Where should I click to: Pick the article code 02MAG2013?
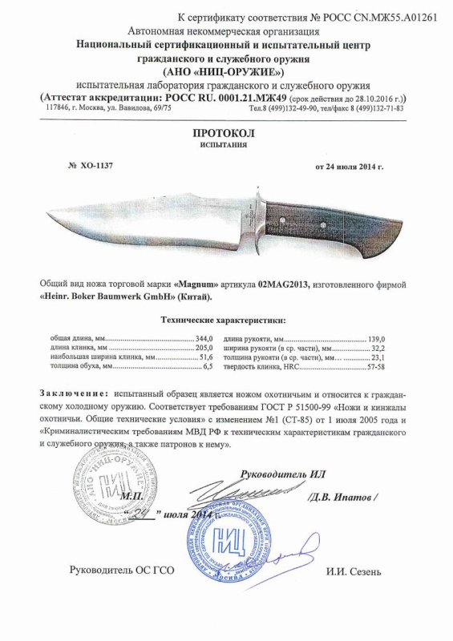point(291,284)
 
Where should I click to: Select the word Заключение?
point(72,394)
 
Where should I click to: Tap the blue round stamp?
point(229,538)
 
